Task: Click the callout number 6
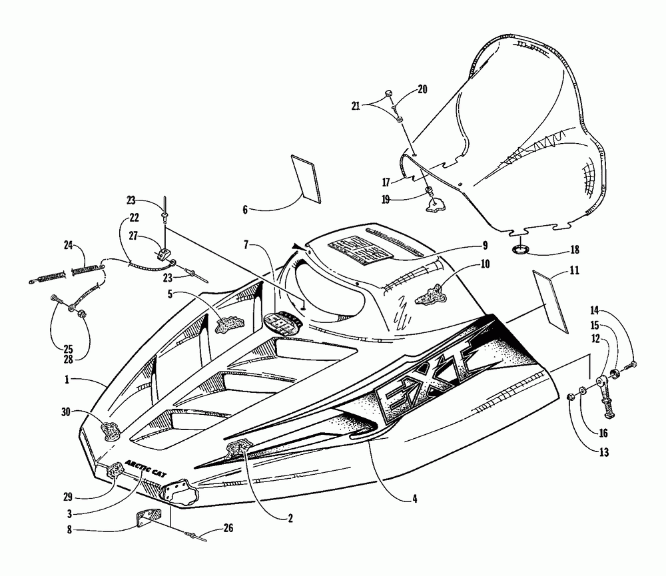tap(244, 209)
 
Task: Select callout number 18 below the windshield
tap(574, 250)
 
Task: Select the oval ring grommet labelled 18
tap(521, 250)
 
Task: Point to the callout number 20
tap(422, 89)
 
